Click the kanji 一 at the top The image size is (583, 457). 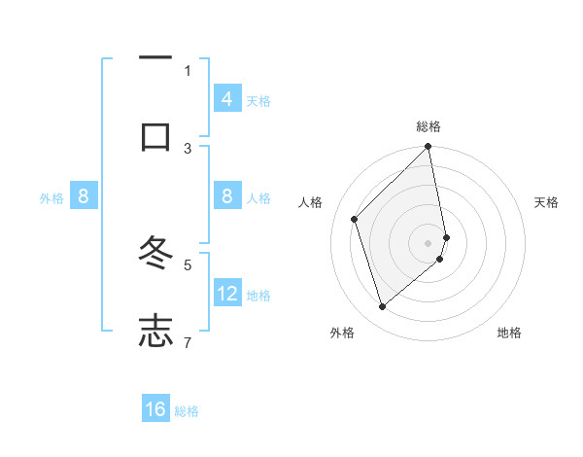[155, 59]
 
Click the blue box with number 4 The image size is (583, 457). [227, 98]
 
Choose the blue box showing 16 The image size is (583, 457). [155, 409]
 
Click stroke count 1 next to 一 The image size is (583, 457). [188, 70]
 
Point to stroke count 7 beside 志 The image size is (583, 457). [188, 341]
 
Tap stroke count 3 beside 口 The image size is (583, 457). [188, 148]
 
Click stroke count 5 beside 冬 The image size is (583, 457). [188, 264]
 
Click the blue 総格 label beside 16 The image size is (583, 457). [187, 411]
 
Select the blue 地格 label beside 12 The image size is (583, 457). [258, 296]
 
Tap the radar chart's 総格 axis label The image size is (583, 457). [429, 126]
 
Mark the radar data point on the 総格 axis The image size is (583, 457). [429, 148]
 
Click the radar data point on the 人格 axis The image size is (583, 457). [355, 219]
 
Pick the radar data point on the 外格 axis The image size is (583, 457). [383, 306]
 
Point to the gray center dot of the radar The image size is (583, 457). [429, 242]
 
